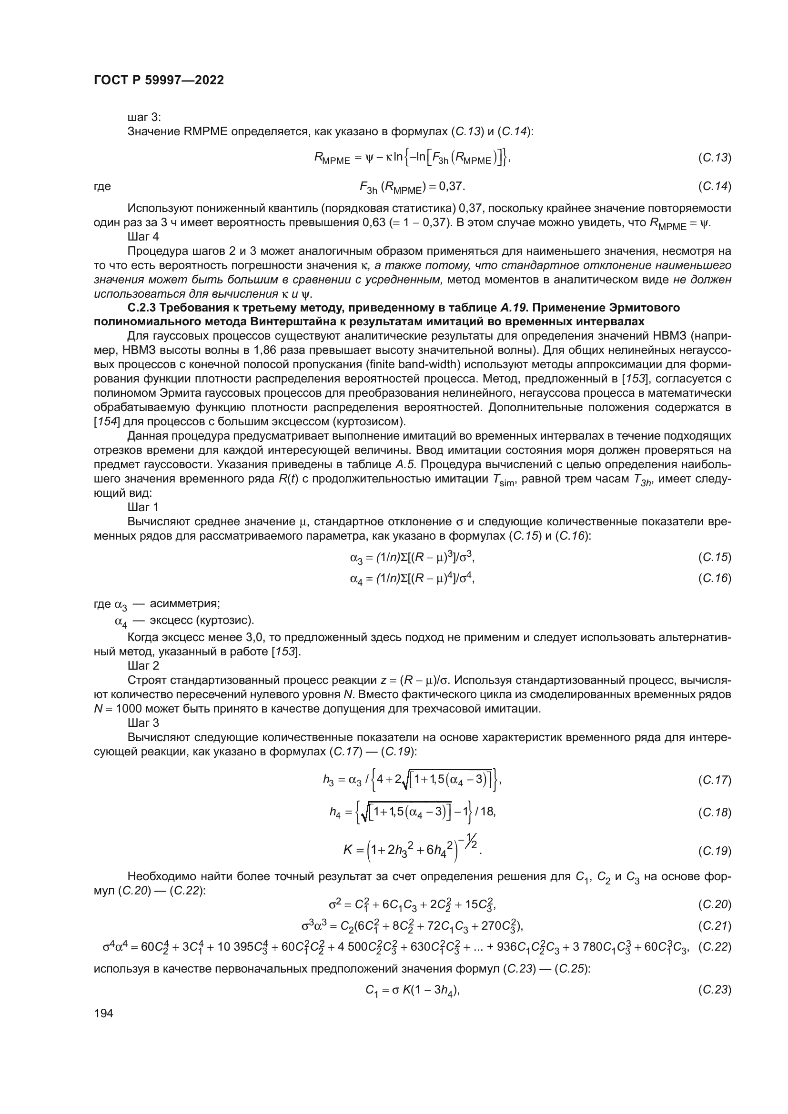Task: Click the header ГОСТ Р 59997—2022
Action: [159, 80]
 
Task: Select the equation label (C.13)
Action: [714, 158]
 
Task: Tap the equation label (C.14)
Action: [714, 186]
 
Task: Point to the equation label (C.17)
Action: [714, 780]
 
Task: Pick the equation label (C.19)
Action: [714, 851]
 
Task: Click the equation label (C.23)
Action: [714, 990]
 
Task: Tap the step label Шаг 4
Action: [143, 237]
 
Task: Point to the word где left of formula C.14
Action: [102, 186]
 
